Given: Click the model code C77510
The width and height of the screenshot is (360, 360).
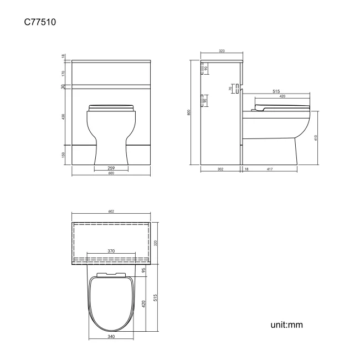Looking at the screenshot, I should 39,23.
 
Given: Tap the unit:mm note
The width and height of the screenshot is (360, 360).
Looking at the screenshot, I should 287,325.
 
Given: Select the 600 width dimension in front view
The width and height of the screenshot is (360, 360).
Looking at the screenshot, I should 111,173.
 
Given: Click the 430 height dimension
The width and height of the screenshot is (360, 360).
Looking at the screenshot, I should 64,116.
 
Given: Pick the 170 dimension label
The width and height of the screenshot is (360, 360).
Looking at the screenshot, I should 64,73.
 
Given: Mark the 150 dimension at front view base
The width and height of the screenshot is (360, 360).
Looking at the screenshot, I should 64,155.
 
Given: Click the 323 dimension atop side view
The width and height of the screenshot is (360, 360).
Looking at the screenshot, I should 222,51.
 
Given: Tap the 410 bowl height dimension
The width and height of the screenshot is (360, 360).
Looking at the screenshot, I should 316,137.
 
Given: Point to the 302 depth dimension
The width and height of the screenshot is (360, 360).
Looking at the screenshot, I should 220,169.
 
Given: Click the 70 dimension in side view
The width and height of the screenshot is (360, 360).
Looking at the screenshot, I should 230,89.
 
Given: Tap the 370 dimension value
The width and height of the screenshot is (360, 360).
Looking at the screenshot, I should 111,251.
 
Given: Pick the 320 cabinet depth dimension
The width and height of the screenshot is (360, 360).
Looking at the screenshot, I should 156,242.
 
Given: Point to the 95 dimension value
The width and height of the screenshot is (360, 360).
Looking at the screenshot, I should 143,270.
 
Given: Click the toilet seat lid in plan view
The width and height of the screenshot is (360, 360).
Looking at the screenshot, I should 111,305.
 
